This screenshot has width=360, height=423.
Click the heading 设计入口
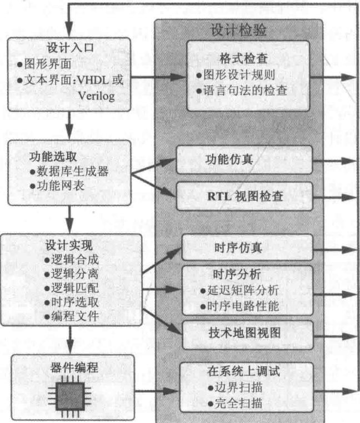pyautogui.click(x=70, y=48)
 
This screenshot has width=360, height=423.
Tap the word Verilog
pyautogui.click(x=97, y=96)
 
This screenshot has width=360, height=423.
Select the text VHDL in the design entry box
pyautogui.click(x=93, y=80)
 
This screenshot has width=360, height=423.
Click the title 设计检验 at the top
pyautogui.click(x=238, y=29)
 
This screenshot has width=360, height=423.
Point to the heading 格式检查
pyautogui.click(x=243, y=58)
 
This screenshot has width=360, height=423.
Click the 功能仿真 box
pyautogui.click(x=244, y=160)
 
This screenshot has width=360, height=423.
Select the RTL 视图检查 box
pyautogui.click(x=244, y=196)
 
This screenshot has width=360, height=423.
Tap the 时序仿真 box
pyautogui.click(x=247, y=248)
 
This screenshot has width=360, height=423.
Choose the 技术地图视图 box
pyautogui.click(x=247, y=335)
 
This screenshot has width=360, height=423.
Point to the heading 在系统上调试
pyautogui.click(x=243, y=371)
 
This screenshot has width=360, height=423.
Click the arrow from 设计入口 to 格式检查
pyautogui.click(x=159, y=77)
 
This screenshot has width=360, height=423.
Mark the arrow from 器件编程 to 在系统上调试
pyautogui.click(x=157, y=391)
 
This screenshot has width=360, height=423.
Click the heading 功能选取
pyautogui.click(x=53, y=157)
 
